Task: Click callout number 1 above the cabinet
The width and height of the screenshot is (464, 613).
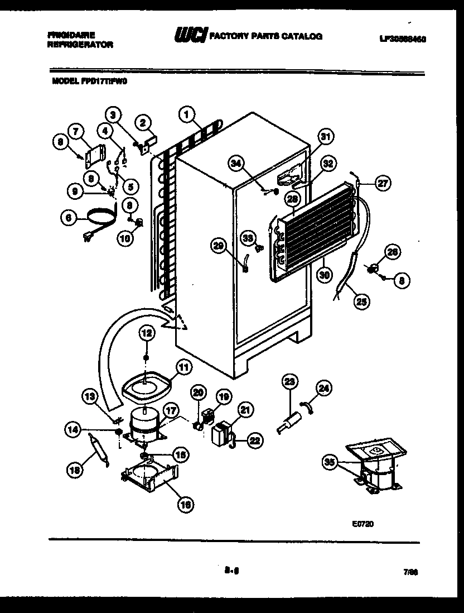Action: point(187,115)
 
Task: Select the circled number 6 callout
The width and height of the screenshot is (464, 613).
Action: point(68,220)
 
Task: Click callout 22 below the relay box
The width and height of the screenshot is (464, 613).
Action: point(254,440)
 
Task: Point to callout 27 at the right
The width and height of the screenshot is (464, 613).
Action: point(382,184)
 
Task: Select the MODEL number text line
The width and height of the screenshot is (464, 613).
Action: point(89,80)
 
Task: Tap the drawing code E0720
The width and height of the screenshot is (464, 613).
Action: point(362,524)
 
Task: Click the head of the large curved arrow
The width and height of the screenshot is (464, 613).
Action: point(180,322)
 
